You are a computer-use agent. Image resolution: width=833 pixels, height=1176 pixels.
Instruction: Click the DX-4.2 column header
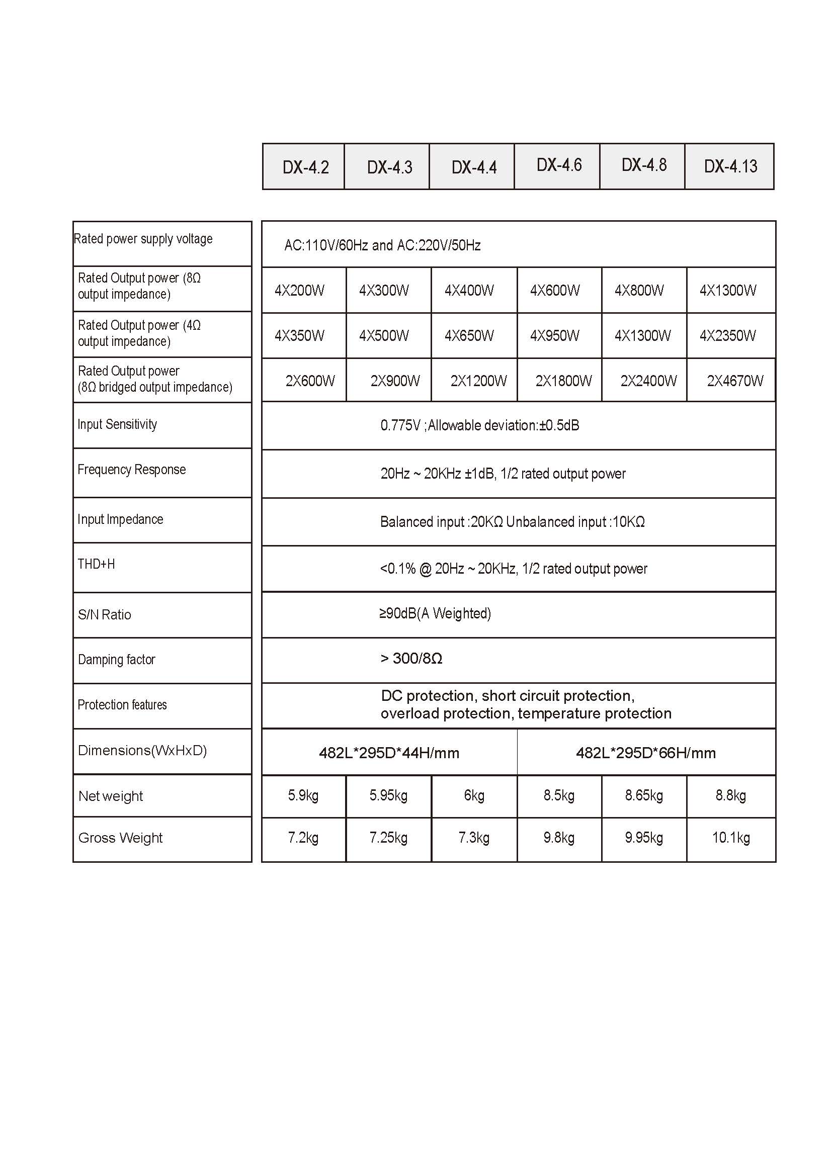(305, 167)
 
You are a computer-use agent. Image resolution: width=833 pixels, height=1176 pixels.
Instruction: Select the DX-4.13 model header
(730, 166)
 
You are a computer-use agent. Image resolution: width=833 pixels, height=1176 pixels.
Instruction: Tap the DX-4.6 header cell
(558, 165)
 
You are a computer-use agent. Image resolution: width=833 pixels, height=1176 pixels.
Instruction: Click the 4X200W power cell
(300, 291)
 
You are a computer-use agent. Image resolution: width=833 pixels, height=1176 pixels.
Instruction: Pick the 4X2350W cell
(727, 336)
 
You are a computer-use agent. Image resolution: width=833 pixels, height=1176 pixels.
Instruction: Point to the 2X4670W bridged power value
(734, 381)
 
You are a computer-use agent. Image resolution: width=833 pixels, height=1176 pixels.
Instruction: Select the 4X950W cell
(554, 336)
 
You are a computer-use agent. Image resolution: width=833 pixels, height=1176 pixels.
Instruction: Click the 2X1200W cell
(478, 381)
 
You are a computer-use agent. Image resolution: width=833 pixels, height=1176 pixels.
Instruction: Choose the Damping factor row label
(116, 659)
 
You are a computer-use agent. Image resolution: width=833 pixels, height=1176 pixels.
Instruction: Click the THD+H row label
(97, 564)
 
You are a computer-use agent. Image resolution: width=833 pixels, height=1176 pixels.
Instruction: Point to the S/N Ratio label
(105, 615)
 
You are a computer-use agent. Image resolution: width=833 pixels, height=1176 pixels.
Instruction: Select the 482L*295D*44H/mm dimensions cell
(389, 753)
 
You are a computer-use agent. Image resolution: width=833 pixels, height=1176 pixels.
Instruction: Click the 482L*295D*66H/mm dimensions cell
(645, 753)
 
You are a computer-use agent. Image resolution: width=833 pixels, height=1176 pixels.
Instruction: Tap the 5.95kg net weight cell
(388, 795)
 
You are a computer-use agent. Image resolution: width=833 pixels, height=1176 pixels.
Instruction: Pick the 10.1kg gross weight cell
(730, 838)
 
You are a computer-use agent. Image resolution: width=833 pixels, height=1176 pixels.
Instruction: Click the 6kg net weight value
(474, 795)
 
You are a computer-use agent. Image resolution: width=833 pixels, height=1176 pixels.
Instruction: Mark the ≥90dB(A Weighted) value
(435, 613)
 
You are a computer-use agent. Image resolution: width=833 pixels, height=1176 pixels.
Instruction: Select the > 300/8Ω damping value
(411, 658)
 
